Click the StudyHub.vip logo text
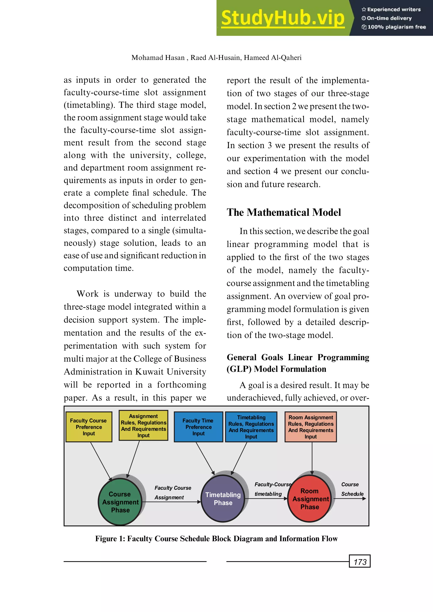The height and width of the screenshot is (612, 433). point(283,18)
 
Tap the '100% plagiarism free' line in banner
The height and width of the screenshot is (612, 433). point(394,27)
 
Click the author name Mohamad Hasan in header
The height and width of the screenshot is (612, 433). point(158,58)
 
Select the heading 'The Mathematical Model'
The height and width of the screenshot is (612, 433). point(284,212)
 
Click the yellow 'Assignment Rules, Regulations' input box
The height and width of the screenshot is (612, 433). point(143,425)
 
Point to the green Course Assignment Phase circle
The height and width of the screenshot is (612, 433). point(120,502)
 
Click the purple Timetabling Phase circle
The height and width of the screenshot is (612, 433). point(223,499)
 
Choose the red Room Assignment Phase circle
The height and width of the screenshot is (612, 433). point(310,499)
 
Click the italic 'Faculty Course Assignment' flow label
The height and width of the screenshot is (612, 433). point(173,492)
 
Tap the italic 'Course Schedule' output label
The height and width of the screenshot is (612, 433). point(352,489)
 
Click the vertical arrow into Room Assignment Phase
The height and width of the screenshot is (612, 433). point(312,458)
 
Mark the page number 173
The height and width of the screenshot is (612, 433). point(360,562)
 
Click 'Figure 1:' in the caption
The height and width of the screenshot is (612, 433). point(110,539)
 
